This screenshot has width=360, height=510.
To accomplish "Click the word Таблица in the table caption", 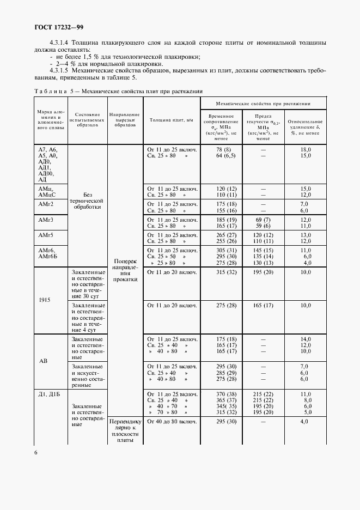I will coord(51,91).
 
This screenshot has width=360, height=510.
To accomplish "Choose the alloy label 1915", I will coord(45,299).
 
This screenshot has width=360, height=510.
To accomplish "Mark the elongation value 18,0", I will coord(305,149).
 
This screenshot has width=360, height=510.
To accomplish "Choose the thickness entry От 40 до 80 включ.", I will coord(172,421).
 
